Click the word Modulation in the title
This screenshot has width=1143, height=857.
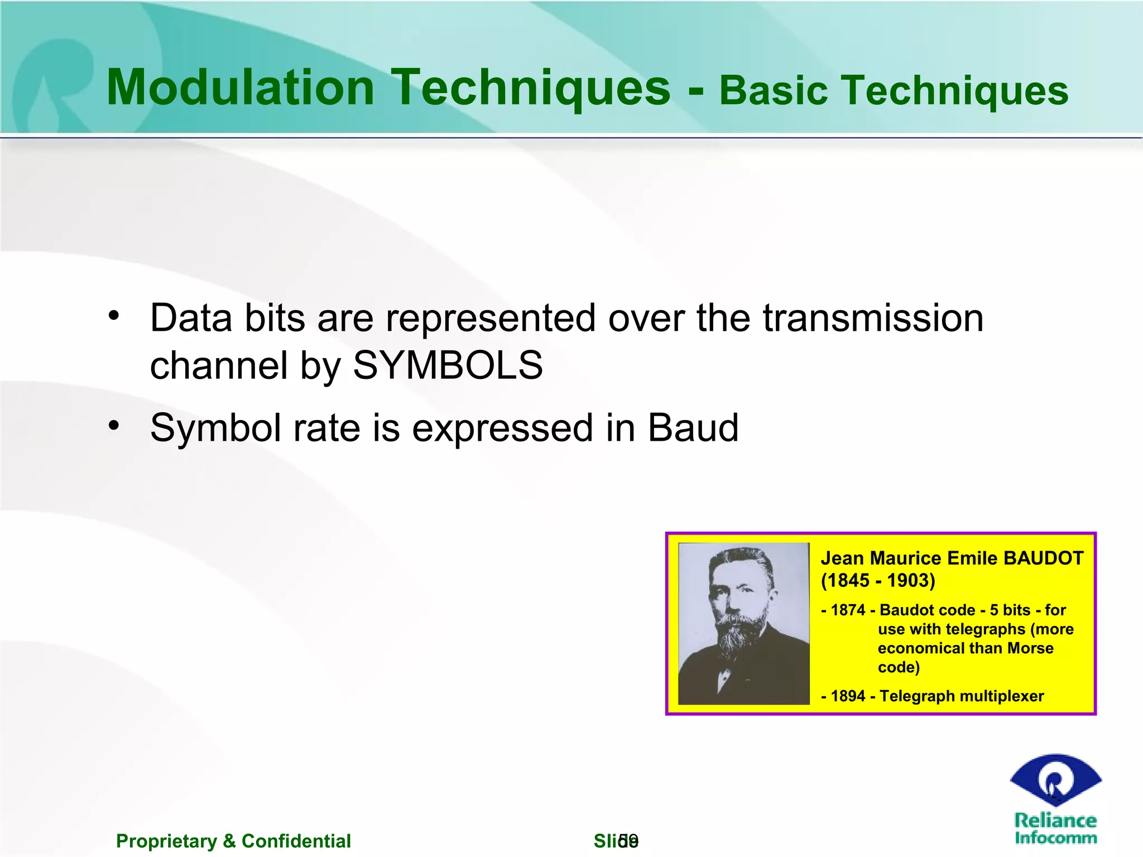coord(240,88)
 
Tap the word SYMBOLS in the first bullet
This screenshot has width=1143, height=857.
coord(448,366)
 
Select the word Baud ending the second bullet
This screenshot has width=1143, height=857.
coord(693,428)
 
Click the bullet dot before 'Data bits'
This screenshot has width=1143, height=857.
coord(114,316)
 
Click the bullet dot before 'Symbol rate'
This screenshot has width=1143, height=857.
coord(114,426)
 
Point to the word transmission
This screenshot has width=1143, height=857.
coord(873,318)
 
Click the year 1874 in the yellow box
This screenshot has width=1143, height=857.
coord(848,610)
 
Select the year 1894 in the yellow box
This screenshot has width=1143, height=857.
coord(848,696)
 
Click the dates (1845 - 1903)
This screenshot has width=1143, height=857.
coord(877,580)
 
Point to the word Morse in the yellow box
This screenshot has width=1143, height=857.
coord(1030,648)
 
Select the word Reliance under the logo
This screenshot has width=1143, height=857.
coord(1055,820)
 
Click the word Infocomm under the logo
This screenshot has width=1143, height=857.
coord(1055,837)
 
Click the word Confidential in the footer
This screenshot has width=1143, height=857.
coord(296,841)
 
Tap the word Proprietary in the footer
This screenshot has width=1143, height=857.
coord(166,841)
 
